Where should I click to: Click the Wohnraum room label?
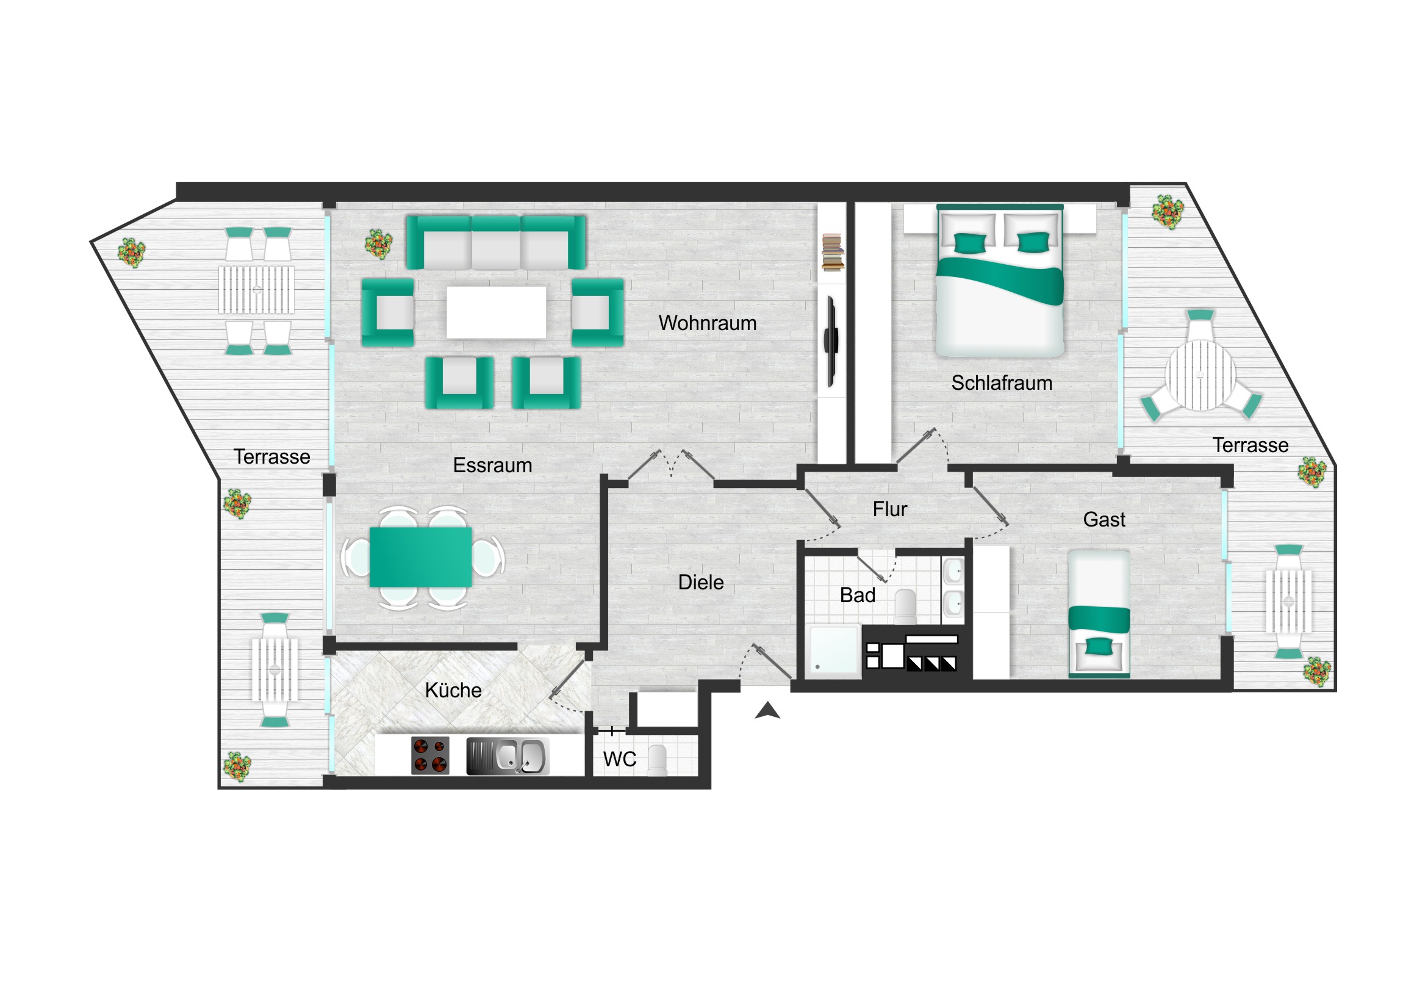click(x=707, y=323)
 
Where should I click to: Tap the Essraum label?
click(x=492, y=465)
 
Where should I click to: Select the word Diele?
click(x=701, y=582)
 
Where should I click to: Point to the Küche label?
click(x=453, y=690)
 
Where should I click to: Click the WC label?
click(x=620, y=759)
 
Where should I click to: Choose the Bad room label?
click(x=857, y=595)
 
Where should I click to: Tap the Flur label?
click(x=890, y=509)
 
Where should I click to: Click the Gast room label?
click(x=1104, y=519)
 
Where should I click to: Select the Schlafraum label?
click(x=1002, y=383)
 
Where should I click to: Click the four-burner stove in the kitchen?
click(x=430, y=755)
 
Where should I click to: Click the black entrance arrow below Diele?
click(x=767, y=710)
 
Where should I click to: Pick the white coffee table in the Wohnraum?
click(x=496, y=312)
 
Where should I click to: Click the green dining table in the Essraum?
click(x=420, y=558)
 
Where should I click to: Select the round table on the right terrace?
click(x=1200, y=375)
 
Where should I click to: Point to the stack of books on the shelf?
click(x=832, y=253)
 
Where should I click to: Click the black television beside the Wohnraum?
click(x=831, y=341)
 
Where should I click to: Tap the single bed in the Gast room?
click(x=1099, y=614)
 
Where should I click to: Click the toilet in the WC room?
click(x=658, y=760)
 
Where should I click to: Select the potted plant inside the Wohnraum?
click(x=378, y=245)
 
